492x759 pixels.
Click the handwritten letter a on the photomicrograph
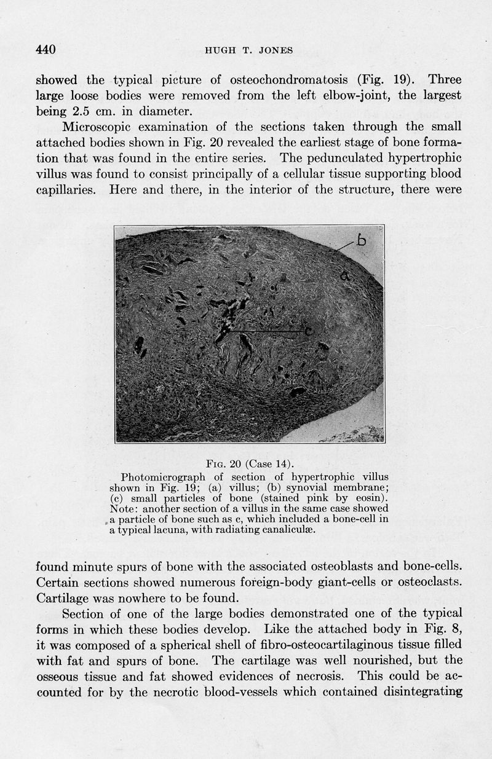(x=345, y=277)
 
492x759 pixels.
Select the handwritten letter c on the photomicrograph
(x=309, y=331)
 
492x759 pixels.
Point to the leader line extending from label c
(x=264, y=332)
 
